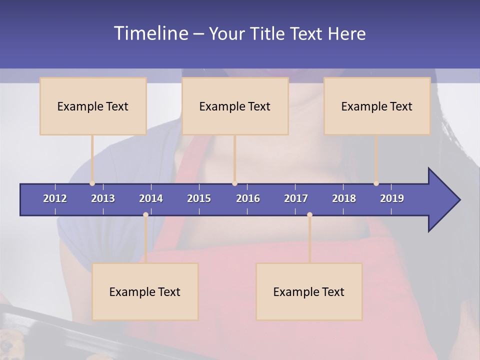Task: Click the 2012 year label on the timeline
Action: tap(55, 198)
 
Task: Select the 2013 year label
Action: tap(103, 198)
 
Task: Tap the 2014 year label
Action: tap(151, 198)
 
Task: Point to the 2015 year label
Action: tap(199, 198)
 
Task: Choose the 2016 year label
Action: tap(248, 198)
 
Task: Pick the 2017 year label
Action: tap(296, 198)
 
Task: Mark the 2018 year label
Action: tap(344, 198)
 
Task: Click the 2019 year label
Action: tap(392, 198)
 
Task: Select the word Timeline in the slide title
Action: tap(150, 33)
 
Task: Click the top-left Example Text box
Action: tap(93, 106)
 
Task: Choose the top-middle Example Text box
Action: tap(235, 106)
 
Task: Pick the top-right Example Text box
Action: tap(377, 106)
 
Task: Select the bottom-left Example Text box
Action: tap(145, 291)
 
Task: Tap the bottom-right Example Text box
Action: tap(309, 291)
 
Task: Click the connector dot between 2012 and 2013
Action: tap(92, 183)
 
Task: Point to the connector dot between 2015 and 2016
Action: tap(234, 183)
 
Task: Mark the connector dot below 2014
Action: tap(145, 214)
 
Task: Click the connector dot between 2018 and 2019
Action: tap(376, 183)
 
